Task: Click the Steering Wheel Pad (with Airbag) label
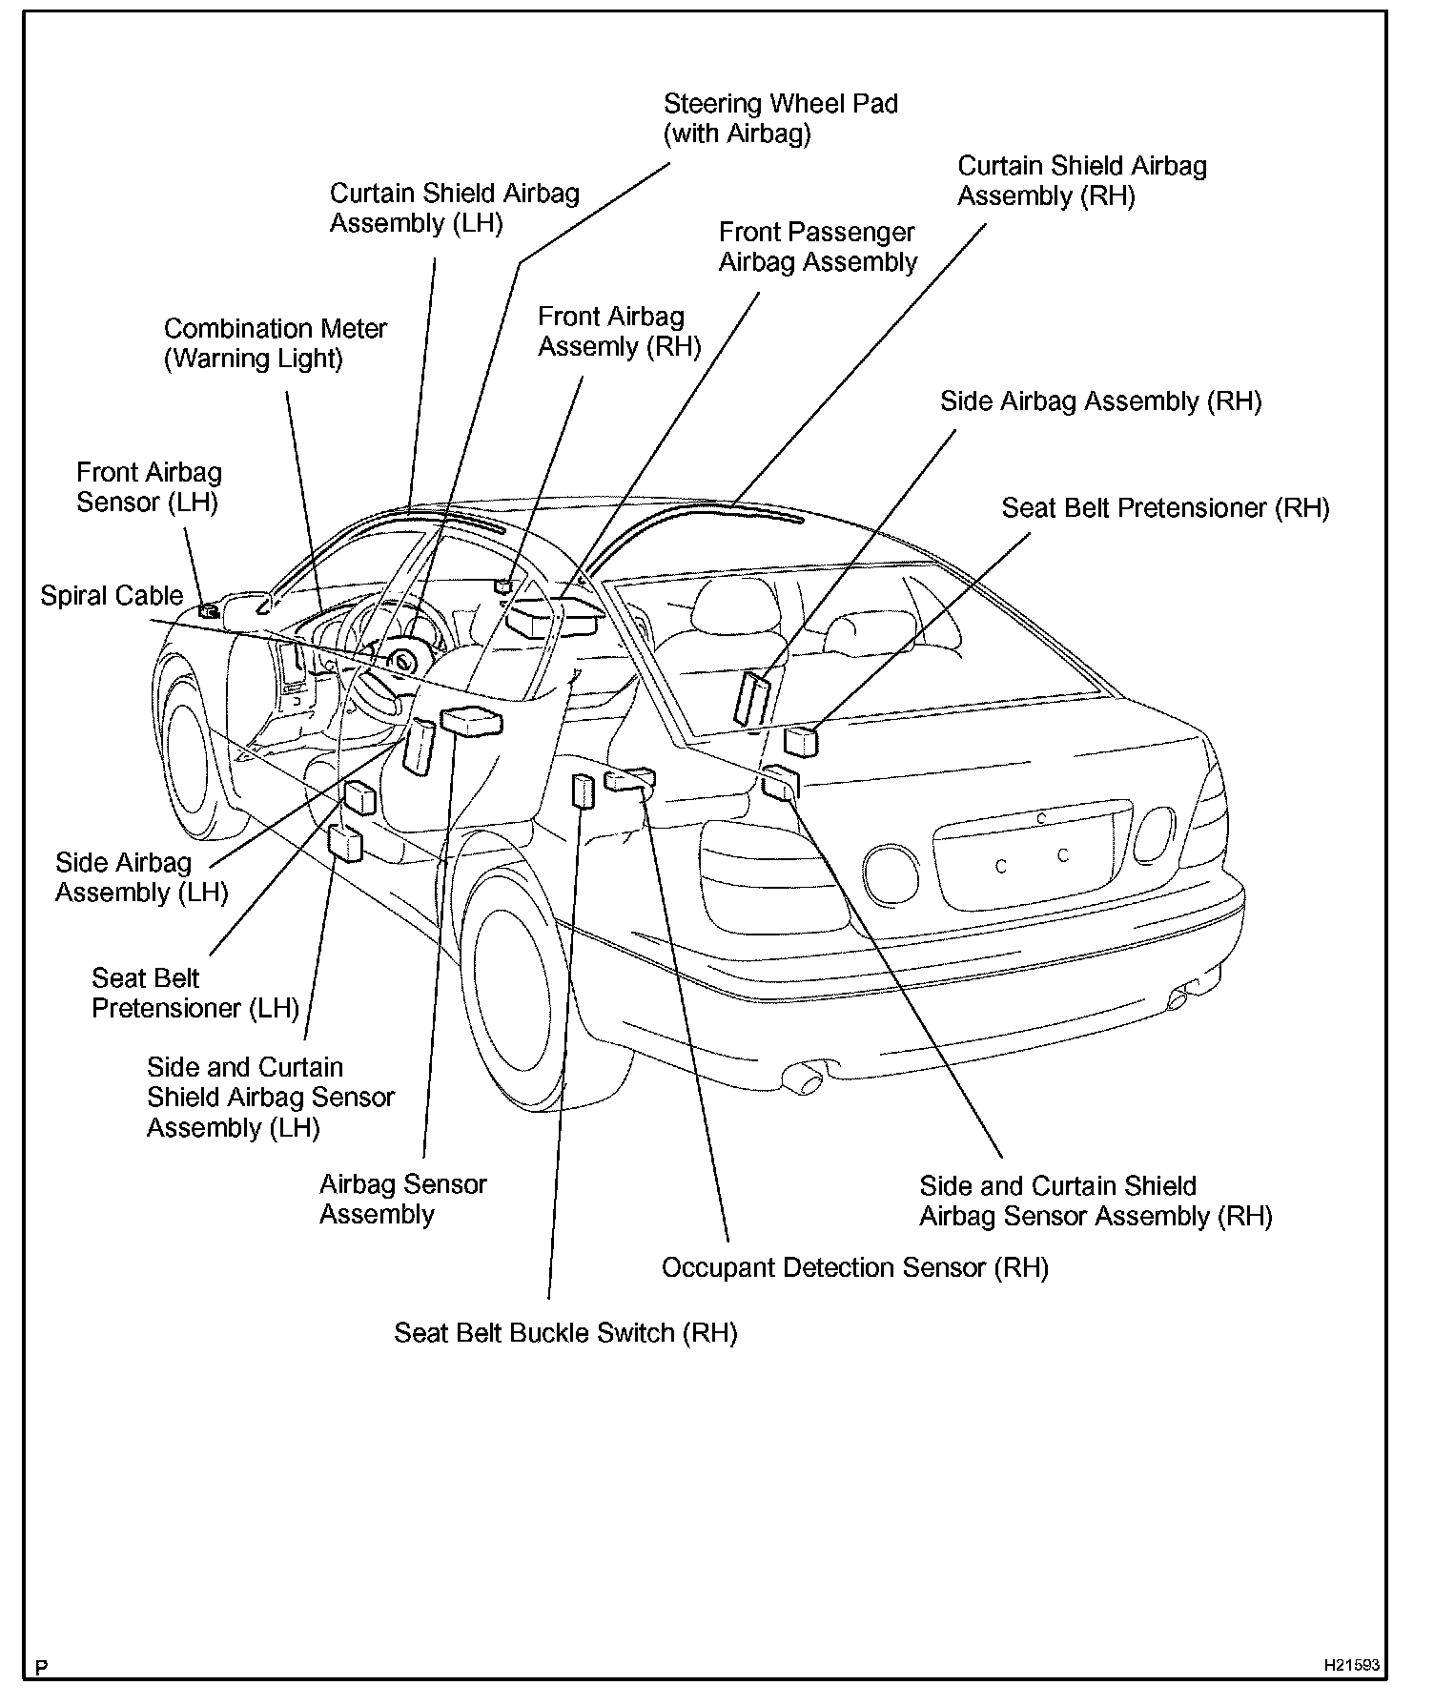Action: (780, 118)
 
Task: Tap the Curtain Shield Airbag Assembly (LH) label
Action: (454, 208)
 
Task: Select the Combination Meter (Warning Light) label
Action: (275, 343)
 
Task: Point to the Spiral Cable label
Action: (112, 596)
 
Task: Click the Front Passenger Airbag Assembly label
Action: (817, 247)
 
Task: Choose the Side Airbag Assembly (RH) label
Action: (1100, 401)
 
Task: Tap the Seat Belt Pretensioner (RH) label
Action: (1164, 508)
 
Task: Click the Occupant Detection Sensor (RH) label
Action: (854, 1268)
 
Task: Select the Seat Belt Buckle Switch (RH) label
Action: (565, 1333)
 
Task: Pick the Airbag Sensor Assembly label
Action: (402, 1200)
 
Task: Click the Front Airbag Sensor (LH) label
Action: (149, 487)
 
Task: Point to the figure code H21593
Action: (1351, 1666)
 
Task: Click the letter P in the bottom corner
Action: (41, 1669)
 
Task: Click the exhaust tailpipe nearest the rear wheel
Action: (803, 1080)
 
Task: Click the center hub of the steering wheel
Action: (405, 660)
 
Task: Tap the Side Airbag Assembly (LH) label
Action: (141, 878)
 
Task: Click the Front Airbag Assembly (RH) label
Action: (619, 332)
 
